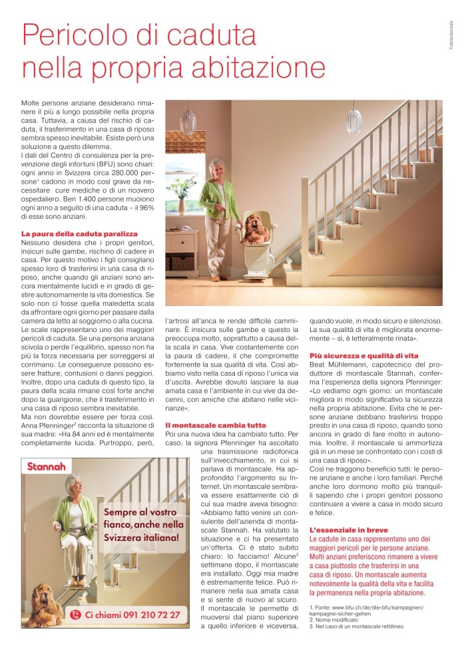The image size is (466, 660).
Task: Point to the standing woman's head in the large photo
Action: point(216,167)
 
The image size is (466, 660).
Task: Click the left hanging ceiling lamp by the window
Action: point(189,122)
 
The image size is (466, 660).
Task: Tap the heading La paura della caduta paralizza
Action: point(79,234)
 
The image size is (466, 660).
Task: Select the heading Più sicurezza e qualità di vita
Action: point(363,356)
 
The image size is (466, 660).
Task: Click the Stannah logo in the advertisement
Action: point(47,466)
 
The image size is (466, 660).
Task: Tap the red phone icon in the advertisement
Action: point(75,615)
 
